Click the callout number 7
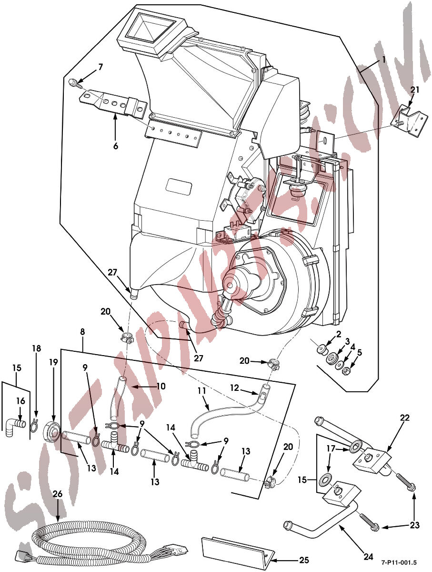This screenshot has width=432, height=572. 100,67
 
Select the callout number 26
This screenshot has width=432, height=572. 57,494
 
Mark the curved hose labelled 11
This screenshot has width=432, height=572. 224,412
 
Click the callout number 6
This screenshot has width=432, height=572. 115,146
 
